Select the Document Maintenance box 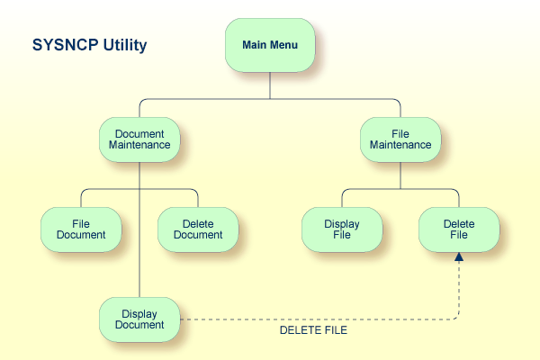tap(139, 139)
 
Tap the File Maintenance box tap(400, 139)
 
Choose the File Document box tap(81, 229)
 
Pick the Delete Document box tap(198, 229)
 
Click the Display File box tap(342, 229)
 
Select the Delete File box tap(459, 229)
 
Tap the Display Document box tap(139, 319)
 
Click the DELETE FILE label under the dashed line tap(313, 331)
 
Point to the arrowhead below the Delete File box tap(459, 257)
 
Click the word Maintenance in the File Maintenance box tap(400, 145)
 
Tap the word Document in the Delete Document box tap(198, 235)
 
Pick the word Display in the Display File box tap(342, 223)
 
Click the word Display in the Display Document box tap(139, 313)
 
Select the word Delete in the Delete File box tap(459, 223)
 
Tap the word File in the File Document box tap(81, 223)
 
